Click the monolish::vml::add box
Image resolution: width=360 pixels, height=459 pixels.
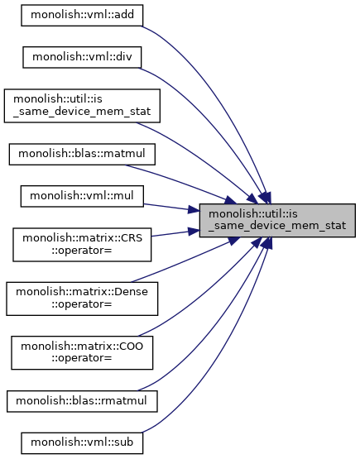(82, 15)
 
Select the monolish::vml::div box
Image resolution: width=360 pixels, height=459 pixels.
(82, 57)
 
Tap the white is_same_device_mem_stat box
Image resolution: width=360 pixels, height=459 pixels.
(82, 106)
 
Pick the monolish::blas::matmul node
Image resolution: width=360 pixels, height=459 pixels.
(82, 155)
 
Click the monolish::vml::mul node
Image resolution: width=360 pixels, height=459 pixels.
(82, 196)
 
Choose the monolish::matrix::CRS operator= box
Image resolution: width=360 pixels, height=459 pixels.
(82, 245)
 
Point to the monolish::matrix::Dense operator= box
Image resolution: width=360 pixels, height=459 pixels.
(82, 299)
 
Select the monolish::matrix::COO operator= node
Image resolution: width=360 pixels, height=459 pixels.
(82, 353)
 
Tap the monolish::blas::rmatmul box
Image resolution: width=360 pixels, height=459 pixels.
(82, 401)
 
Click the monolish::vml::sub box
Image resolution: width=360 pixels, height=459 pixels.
(82, 443)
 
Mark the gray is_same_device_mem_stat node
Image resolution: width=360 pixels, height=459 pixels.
(277, 221)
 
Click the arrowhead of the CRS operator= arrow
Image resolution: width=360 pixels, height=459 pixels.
(194, 232)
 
